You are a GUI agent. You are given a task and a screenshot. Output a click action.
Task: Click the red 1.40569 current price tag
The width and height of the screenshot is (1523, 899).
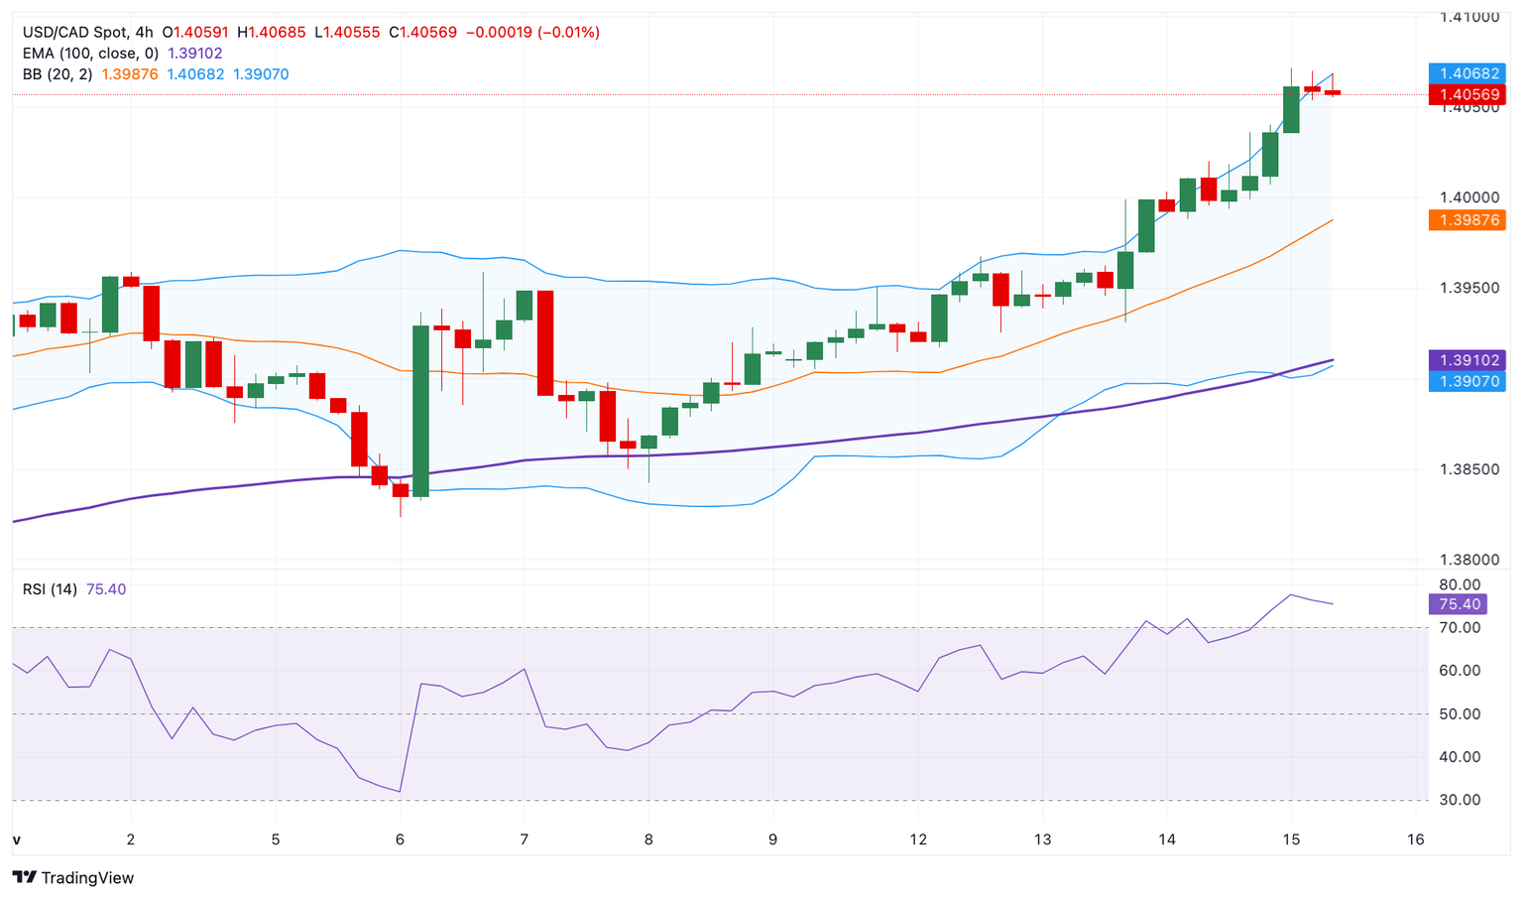pos(1466,95)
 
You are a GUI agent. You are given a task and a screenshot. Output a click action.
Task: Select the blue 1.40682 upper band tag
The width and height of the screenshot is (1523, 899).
pos(1466,73)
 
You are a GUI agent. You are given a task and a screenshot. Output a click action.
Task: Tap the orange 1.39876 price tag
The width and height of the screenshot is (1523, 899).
pos(1466,220)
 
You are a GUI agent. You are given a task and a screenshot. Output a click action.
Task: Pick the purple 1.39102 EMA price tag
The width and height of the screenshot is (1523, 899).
pos(1466,360)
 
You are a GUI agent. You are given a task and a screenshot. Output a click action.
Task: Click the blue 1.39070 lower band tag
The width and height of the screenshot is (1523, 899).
pos(1466,381)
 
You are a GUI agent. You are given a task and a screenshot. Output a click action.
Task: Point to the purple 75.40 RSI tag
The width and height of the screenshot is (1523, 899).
pos(1459,604)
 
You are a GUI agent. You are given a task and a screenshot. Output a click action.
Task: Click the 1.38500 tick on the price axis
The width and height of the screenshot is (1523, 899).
pos(1469,469)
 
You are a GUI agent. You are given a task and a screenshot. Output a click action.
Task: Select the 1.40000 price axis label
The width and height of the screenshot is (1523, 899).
pos(1469,197)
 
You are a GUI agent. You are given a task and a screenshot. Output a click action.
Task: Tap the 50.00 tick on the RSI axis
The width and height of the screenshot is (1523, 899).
pos(1459,713)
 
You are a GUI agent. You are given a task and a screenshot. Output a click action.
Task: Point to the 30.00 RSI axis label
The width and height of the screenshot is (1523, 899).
pos(1459,800)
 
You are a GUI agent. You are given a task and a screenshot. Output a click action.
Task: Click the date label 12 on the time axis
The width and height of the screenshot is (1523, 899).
pos(918,839)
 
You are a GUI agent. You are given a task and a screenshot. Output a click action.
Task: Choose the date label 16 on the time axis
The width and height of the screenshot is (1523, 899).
pos(1415,839)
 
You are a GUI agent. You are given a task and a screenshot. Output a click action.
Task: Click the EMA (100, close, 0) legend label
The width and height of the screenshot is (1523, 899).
pos(90,54)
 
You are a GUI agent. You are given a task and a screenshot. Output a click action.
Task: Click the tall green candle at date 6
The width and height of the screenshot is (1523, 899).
pos(421,411)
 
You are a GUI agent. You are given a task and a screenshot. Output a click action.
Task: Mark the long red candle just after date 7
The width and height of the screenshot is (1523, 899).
pos(545,342)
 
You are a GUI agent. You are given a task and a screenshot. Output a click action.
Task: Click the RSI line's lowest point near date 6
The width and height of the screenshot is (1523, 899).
pos(400,792)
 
